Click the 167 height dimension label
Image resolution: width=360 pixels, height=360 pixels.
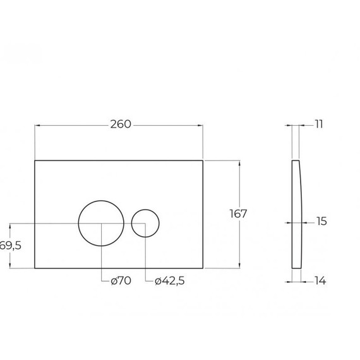(237, 214)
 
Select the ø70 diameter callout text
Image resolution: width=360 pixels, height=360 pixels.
(119, 280)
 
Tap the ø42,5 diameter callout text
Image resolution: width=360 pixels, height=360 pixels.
(169, 280)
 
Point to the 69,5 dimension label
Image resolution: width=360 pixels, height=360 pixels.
(11, 246)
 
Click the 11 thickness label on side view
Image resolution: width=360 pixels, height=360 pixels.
(318, 124)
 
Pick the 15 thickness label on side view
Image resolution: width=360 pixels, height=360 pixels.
(320, 222)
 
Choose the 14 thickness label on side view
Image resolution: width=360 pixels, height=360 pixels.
(320, 280)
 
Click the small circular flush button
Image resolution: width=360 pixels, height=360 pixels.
(146, 223)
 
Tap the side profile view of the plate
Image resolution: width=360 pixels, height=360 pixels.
(296, 213)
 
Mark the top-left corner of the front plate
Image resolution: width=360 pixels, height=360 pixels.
(34, 160)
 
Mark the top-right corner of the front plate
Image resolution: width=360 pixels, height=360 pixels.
(203, 160)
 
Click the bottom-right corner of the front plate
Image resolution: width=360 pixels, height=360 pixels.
(203, 268)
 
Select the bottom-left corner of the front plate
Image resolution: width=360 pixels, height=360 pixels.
(34, 268)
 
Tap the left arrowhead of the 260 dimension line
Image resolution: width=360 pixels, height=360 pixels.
(37, 125)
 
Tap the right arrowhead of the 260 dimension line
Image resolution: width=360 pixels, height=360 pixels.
(200, 125)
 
